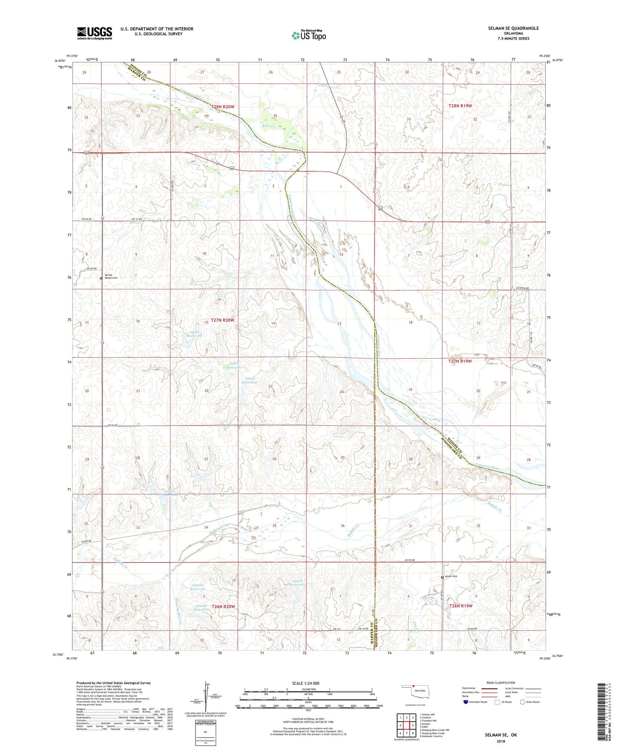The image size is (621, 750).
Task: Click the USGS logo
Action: click(95, 33)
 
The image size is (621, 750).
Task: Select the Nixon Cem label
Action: click(451, 576)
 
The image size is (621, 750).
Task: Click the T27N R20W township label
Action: click(222, 320)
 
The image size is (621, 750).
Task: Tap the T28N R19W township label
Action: click(460, 106)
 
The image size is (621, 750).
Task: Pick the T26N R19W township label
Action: click(461, 606)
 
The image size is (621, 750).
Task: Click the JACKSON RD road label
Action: click(523, 288)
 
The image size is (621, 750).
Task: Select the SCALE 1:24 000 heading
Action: click(305, 683)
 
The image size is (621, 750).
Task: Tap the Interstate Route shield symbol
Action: click(466, 702)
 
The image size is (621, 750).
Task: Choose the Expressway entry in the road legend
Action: click(469, 688)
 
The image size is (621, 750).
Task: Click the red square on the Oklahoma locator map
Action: click(413, 686)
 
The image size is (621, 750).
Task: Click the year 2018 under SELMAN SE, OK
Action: click(500, 741)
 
